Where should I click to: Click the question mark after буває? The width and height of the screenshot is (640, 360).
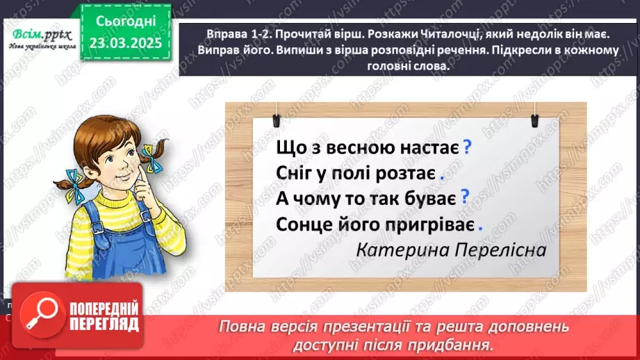[x=465, y=197]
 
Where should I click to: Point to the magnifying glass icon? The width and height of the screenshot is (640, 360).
[x=40, y=313]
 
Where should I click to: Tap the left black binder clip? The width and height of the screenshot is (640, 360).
[x=276, y=114]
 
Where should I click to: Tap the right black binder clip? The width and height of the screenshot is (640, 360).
[x=536, y=114]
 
